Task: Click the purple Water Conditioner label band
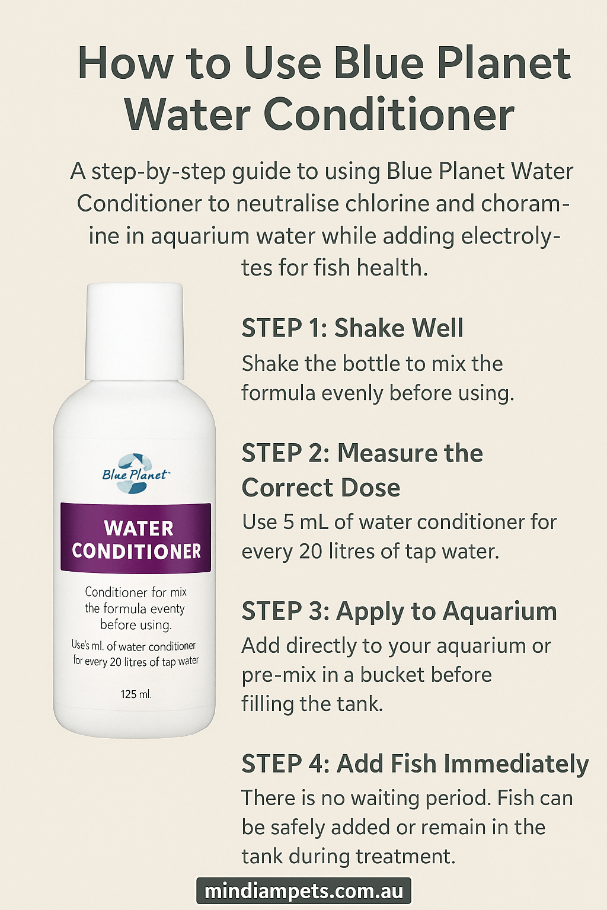(x=136, y=538)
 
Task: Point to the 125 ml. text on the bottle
(x=136, y=694)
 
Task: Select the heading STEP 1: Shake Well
(x=352, y=328)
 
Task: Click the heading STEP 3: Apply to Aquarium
(x=399, y=611)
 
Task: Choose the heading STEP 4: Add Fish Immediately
(x=415, y=764)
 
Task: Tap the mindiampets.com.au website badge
(x=303, y=891)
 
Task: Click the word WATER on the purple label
(x=139, y=528)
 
